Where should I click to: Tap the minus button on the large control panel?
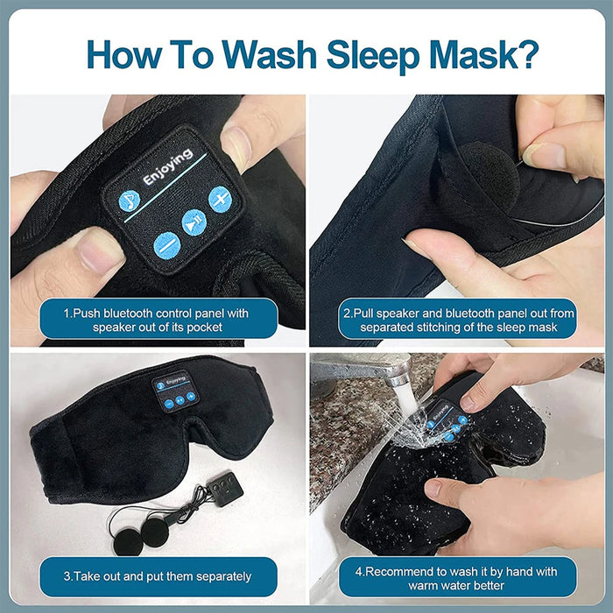(x=166, y=244)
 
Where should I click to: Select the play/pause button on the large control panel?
(x=194, y=222)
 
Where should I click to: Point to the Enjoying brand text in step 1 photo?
(x=168, y=166)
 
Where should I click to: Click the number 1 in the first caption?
(x=66, y=311)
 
